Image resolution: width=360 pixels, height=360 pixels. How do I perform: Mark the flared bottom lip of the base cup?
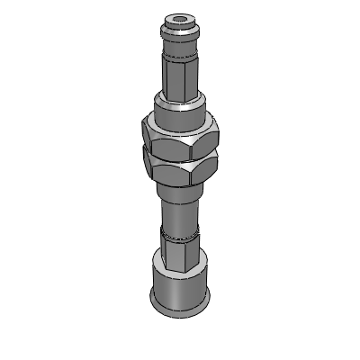pyautogui.click(x=180, y=310)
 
